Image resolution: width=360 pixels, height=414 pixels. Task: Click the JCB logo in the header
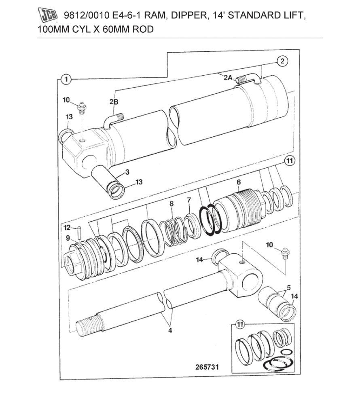coord(48,16)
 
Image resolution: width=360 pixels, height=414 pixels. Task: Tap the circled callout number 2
coord(282,61)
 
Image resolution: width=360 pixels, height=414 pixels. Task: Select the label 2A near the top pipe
coord(228,78)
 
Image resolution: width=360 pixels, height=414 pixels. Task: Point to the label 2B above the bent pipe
coord(114,102)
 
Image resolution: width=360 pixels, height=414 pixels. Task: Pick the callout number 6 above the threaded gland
coord(239,182)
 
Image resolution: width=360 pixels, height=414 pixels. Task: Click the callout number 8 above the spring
coord(172,204)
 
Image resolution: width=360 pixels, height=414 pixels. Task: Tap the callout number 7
coord(189,200)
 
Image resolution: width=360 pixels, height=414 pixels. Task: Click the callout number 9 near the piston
coord(68,238)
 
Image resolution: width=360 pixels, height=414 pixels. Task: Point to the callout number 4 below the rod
coord(170,331)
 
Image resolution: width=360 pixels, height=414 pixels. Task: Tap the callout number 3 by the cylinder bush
coord(127,172)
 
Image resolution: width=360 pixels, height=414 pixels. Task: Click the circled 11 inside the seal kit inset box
coord(240,324)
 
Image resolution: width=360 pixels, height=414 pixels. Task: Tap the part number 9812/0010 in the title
coord(83,16)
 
